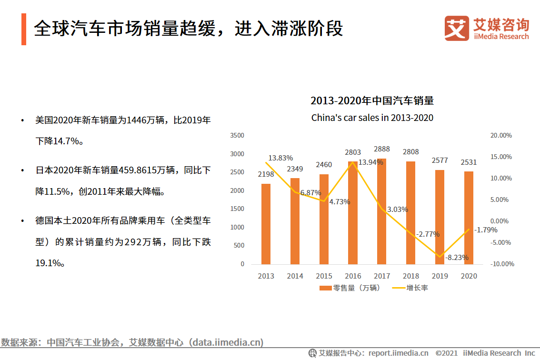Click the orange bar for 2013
pos(266,224)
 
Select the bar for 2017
pos(381,211)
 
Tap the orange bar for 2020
pos(469,218)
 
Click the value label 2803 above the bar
pos(353,152)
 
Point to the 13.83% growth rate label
pos(280,158)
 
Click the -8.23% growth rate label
pos(457,258)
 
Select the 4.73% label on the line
pos(339,201)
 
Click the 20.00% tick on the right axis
pos(501,135)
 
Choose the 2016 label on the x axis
pos(353,276)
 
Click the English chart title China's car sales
pos(372,118)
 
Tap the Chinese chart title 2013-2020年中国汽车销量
pos(372,101)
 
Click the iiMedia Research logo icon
pos(456,28)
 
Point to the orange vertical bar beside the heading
pos(24,29)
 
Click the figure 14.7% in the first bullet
pos(67,141)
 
